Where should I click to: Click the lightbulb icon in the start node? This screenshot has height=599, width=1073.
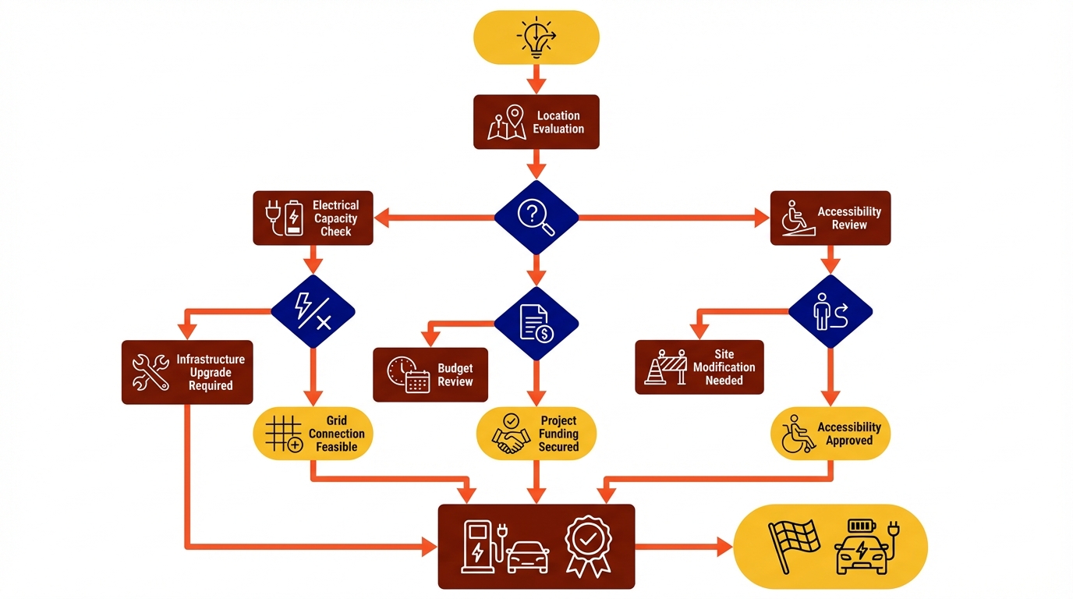click(536, 37)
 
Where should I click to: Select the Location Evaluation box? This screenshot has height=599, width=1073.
click(536, 122)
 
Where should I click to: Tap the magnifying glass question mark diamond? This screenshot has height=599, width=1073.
click(536, 217)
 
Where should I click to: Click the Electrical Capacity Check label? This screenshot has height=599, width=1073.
click(335, 218)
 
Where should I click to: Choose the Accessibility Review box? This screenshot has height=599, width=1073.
click(830, 218)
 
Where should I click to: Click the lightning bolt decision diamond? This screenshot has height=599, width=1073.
click(313, 311)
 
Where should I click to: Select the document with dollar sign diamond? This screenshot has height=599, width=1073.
click(536, 323)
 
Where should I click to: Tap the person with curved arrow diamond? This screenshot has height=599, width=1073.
click(830, 311)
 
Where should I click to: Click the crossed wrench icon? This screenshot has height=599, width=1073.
click(151, 372)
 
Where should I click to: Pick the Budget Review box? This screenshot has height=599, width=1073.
click(430, 375)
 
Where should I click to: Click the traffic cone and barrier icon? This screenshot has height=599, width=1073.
click(666, 367)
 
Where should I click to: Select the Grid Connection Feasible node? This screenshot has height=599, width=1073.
click(313, 434)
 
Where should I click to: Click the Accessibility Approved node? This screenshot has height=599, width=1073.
click(830, 434)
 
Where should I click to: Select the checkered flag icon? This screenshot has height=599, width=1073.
click(793, 546)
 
